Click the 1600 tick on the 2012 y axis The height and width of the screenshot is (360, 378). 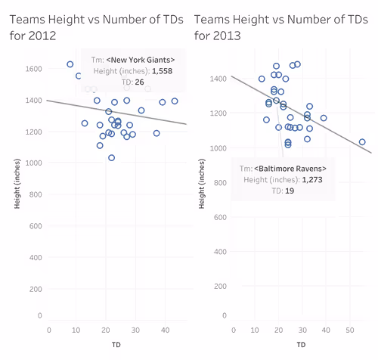coord(33,69)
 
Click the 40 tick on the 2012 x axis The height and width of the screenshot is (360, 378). coord(165,330)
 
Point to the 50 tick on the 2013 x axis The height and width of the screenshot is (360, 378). coord(350,330)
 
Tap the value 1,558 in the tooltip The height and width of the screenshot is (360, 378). coord(162,71)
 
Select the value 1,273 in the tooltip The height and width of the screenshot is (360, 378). coord(312,180)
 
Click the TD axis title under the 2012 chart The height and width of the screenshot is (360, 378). coord(116,344)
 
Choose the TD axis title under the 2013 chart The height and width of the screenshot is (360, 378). coord(301,344)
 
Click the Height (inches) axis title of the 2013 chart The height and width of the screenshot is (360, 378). coord(202,184)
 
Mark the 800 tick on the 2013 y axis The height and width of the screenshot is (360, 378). coord(220,183)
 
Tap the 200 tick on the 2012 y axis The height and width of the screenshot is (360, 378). coord(36,289)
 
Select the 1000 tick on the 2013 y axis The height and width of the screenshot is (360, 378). coord(218,148)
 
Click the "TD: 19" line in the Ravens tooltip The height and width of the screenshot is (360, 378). coord(283,191)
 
